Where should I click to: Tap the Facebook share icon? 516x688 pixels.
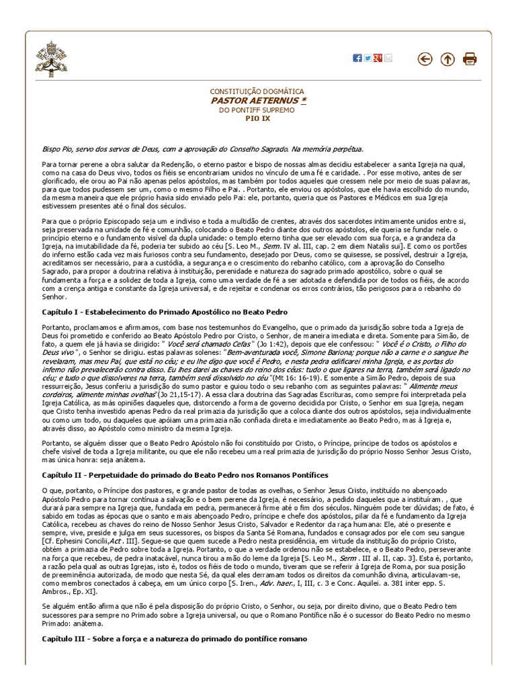357,58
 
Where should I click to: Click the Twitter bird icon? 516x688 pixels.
368,58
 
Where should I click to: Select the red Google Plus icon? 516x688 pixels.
378,58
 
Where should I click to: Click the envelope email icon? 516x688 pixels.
388,58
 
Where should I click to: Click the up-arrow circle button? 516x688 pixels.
447,59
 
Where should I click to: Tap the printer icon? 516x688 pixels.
470,59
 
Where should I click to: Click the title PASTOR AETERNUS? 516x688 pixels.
255,100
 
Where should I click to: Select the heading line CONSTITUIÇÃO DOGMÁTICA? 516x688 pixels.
257,91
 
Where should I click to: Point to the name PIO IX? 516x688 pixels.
257,118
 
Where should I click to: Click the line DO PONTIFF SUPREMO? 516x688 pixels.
257,110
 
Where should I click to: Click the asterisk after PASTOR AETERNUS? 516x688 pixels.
303,100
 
